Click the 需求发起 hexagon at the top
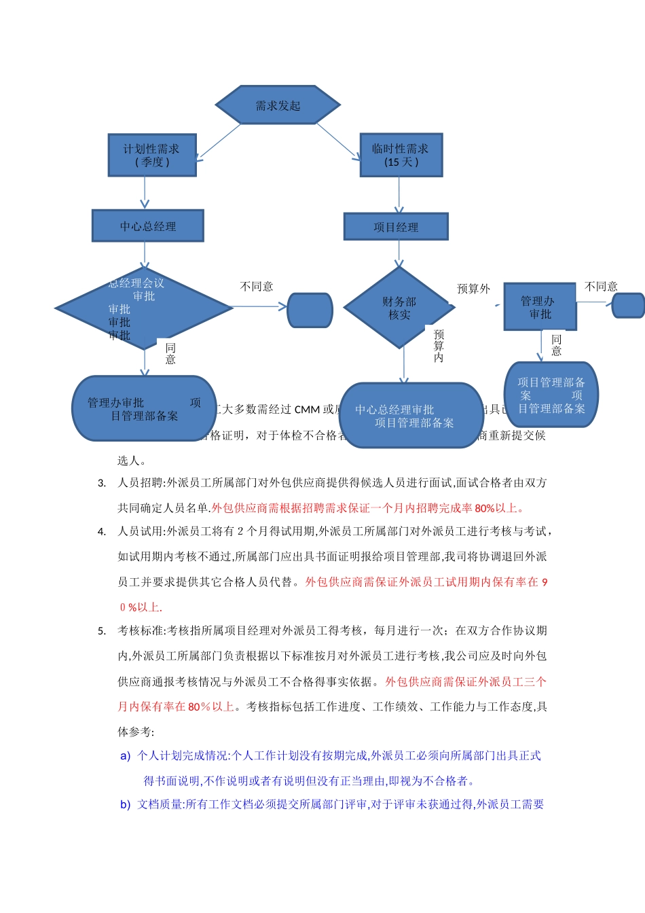click(278, 105)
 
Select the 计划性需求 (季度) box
click(152, 156)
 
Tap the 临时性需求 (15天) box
click(401, 156)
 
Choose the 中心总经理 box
click(148, 226)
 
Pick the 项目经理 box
click(396, 227)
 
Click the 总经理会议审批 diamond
click(144, 308)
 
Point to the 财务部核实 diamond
click(399, 308)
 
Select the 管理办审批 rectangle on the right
click(540, 307)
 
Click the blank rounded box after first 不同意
click(310, 310)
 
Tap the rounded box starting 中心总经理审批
click(411, 416)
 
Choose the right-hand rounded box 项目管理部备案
click(551, 395)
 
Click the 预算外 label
click(473, 289)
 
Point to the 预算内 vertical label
click(439, 346)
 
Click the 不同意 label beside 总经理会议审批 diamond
click(257, 287)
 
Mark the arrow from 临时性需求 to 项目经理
click(399, 196)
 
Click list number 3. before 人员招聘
click(102, 483)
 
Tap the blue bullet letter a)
click(125, 756)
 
